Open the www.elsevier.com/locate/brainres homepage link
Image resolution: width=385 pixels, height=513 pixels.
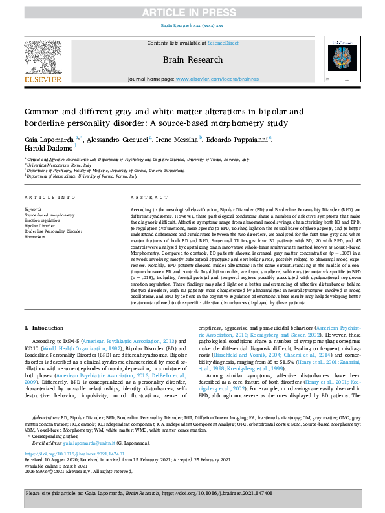pos(213,79)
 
